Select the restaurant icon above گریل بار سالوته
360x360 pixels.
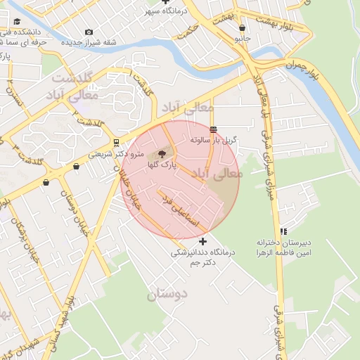pos(213,129)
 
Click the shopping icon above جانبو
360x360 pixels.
pos(243,28)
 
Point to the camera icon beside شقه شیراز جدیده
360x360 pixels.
pos(89,32)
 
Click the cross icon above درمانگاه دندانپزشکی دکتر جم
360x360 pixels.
pos(203,241)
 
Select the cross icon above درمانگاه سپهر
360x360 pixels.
pos(165,2)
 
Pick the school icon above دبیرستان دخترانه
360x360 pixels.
pos(283,231)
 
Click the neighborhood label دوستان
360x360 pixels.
pos(168,294)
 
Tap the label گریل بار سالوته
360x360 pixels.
pos(214,140)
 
